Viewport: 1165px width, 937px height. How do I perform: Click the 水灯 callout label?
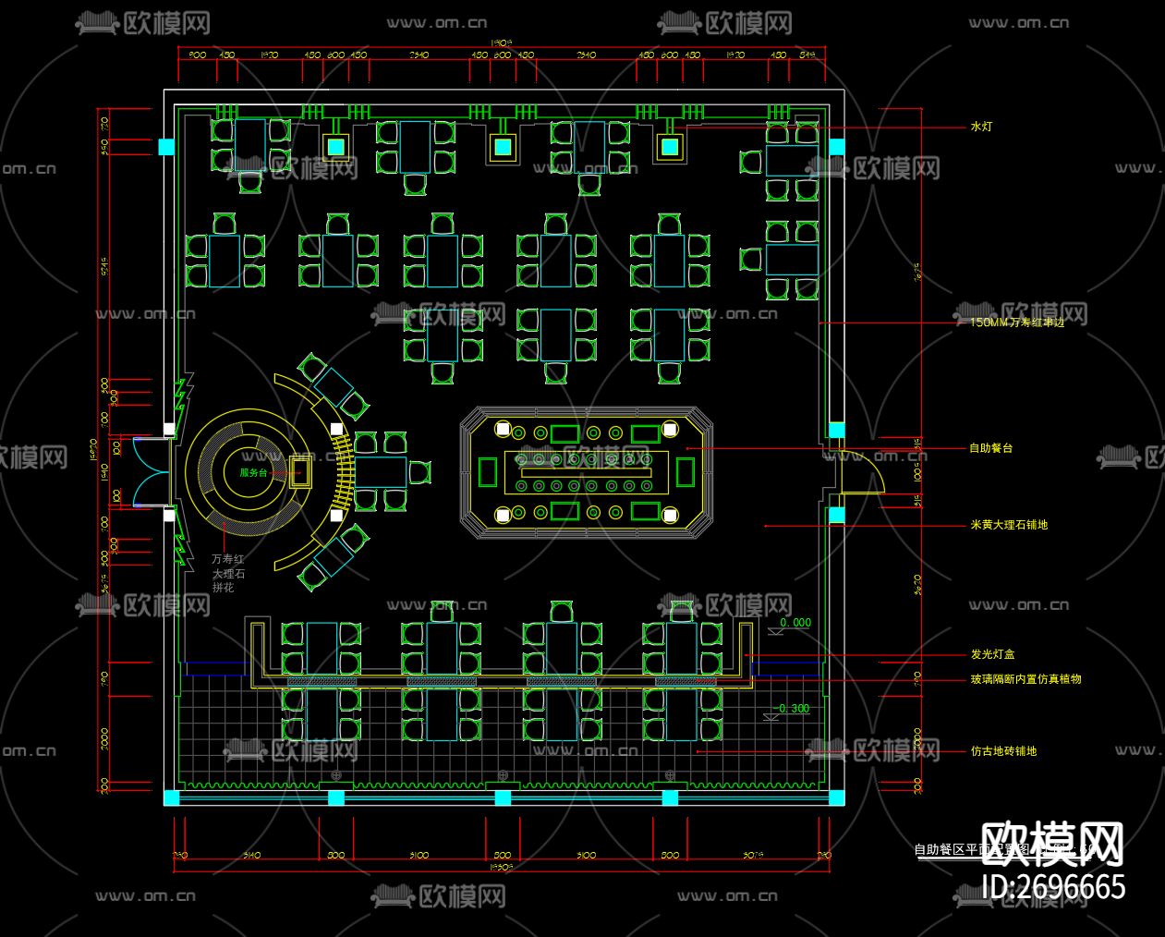[980, 127]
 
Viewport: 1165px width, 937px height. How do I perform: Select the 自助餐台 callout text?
[990, 448]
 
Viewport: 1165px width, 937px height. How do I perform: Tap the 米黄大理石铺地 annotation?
[1008, 525]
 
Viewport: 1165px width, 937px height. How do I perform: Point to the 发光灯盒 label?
[992, 654]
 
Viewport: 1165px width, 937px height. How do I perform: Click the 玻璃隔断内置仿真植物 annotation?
[1025, 679]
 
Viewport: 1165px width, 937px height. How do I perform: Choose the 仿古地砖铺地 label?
[1002, 751]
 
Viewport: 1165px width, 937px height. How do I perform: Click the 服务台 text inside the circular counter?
[252, 472]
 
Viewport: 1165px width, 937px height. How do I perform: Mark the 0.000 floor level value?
[795, 623]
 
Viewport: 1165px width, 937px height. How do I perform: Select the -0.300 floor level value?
[793, 709]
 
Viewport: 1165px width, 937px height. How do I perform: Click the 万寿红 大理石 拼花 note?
[228, 573]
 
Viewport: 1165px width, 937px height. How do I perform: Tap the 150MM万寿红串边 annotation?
[1016, 322]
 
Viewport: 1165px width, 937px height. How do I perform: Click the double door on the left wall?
[149, 472]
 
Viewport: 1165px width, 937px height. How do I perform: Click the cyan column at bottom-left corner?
[171, 797]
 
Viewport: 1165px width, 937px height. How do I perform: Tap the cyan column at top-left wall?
[166, 147]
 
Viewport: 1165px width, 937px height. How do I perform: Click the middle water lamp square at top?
[502, 147]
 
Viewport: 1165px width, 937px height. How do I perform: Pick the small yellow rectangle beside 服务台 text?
[298, 472]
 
